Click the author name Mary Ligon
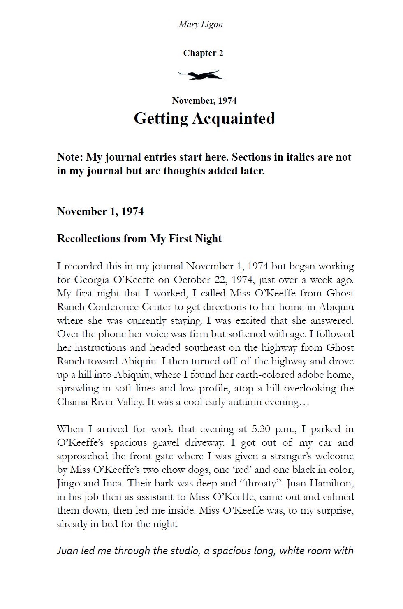click(201, 24)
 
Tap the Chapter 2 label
click(203, 53)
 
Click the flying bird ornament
click(202, 75)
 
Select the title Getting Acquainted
click(204, 118)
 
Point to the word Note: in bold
click(70, 157)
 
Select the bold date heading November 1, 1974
click(100, 211)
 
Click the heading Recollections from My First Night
click(139, 239)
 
